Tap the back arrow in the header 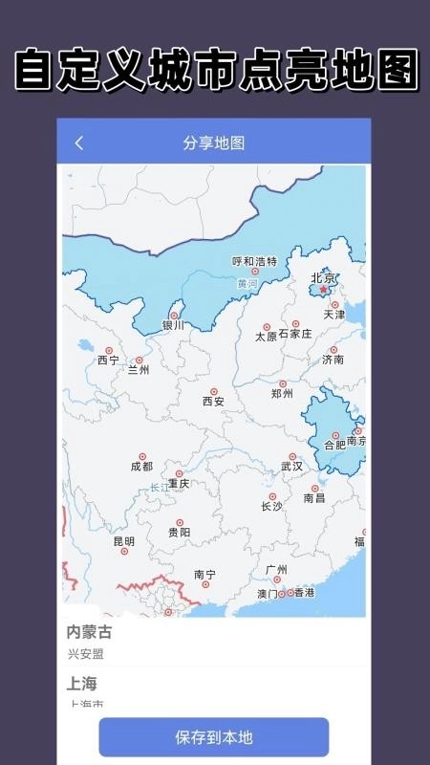point(79,143)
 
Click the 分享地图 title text point(214,143)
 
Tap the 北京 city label point(323,278)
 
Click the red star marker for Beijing point(323,290)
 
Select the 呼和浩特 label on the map point(255,261)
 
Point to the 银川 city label point(173,325)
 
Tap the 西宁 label point(108,361)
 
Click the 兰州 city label point(139,370)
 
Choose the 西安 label point(213,402)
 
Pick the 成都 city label point(141,467)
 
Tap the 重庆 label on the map point(179,484)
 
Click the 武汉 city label point(291,467)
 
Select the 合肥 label point(335,445)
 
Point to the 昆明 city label point(124,541)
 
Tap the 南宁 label point(204,575)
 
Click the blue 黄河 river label point(247,284)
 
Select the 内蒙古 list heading point(89,632)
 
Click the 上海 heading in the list point(81,684)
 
